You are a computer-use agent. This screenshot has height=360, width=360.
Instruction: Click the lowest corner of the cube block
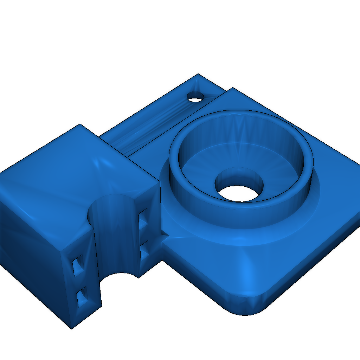72,328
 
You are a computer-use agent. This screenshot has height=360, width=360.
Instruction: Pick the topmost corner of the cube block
80,124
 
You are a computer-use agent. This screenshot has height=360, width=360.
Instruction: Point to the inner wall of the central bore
239,175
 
